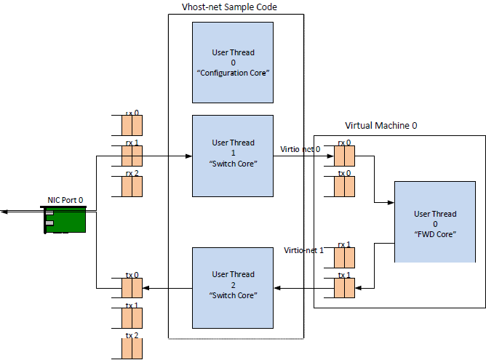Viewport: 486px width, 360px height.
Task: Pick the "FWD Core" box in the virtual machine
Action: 435,222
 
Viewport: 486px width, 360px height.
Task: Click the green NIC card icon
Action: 65,219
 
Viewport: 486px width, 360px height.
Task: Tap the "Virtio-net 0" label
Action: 300,150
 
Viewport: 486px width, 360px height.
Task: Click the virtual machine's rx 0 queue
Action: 345,156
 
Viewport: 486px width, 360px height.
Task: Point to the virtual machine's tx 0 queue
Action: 345,186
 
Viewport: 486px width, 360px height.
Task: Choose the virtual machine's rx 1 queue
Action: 345,257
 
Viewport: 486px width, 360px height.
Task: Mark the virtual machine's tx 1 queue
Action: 345,288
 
